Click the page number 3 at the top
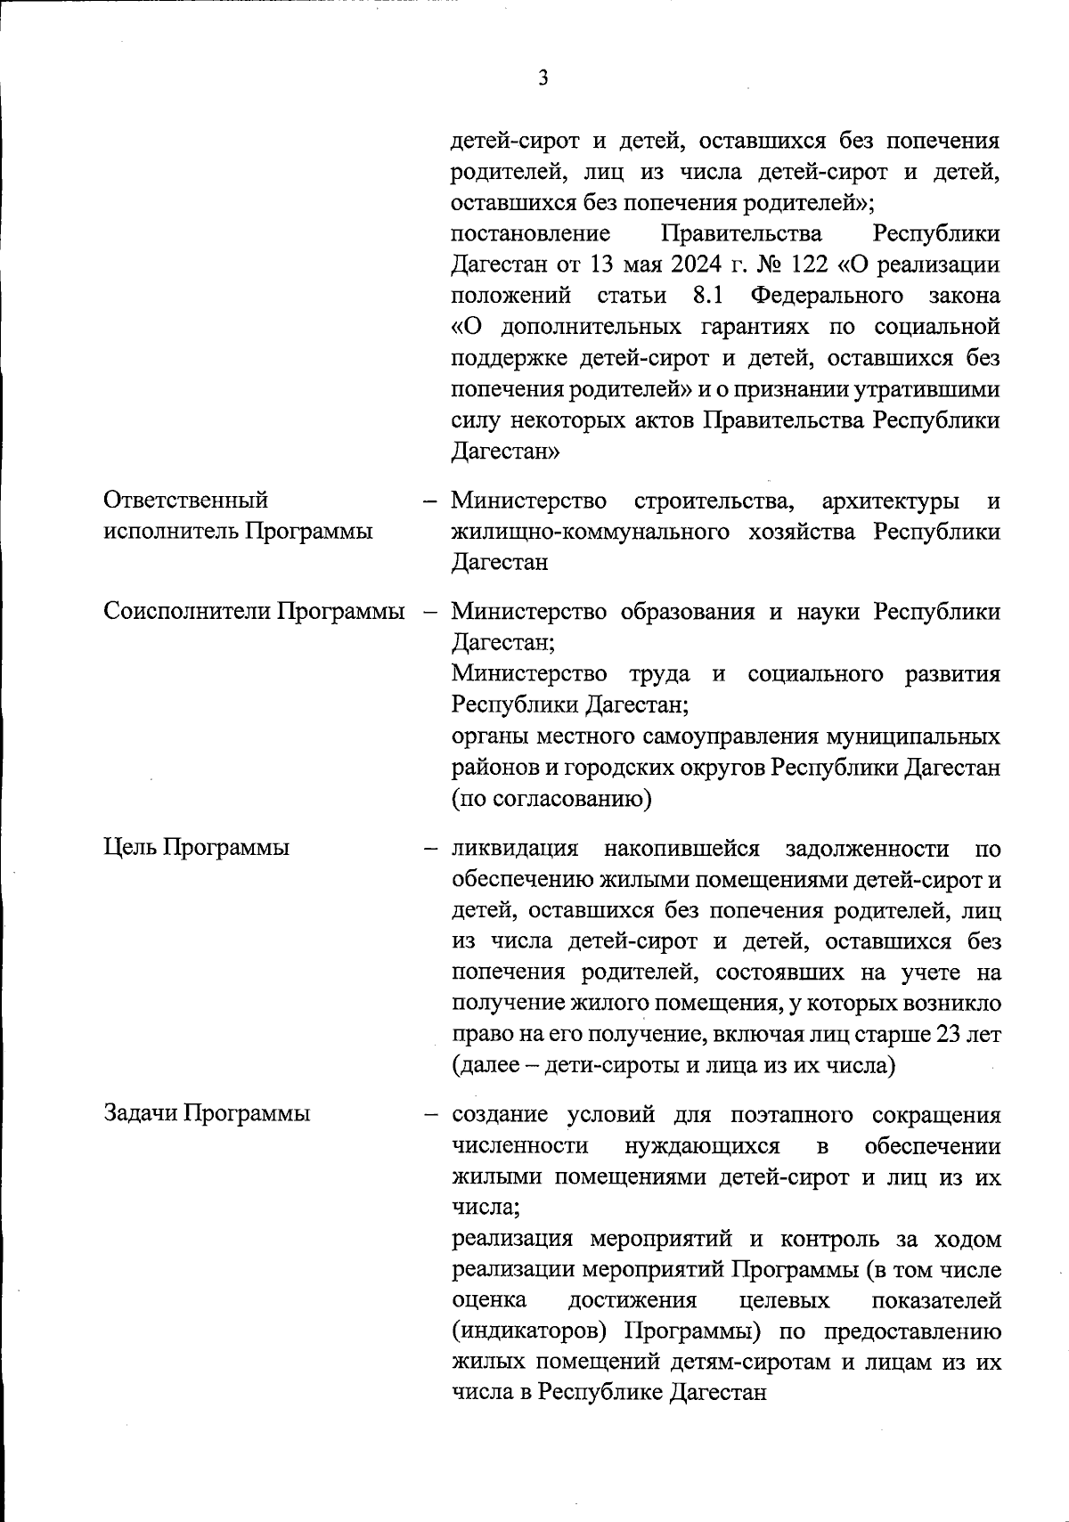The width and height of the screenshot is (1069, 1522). (543, 78)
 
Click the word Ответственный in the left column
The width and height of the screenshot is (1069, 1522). (186, 501)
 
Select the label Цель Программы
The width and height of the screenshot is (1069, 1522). (197, 847)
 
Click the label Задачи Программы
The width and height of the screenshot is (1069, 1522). (208, 1112)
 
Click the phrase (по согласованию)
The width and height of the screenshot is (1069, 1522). (552, 798)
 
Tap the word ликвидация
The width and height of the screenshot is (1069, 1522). (516, 847)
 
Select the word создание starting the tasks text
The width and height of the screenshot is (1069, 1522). (506, 1115)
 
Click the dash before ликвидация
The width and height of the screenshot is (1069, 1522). (431, 848)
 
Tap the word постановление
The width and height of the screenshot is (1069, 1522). (531, 235)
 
